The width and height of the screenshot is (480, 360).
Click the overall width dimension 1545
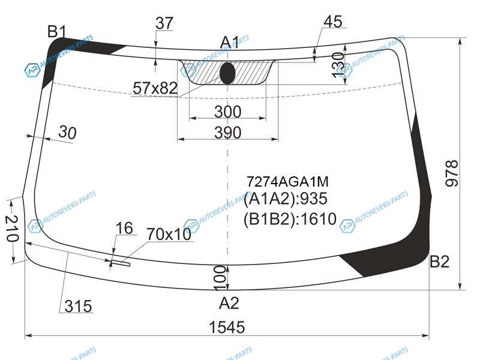[x=227, y=327]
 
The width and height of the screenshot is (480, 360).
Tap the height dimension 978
[x=452, y=173]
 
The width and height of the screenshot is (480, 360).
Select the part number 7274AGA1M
[x=287, y=182]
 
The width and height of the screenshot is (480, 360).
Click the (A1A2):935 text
[x=286, y=199]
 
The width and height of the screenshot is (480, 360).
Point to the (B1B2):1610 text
[x=290, y=219]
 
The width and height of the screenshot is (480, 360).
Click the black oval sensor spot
[x=227, y=73]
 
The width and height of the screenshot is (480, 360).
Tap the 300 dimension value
[x=228, y=112]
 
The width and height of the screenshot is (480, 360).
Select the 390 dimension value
[x=228, y=133]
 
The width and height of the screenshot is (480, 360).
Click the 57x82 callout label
[x=155, y=88]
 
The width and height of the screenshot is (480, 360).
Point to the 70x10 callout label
[x=169, y=235]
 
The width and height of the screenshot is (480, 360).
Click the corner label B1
[x=57, y=32]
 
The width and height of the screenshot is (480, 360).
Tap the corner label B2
[x=440, y=262]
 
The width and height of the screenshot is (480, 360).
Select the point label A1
[x=230, y=42]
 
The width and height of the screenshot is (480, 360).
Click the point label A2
[x=229, y=304]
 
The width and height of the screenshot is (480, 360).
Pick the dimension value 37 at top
[x=164, y=23]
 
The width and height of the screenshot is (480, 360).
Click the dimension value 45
[x=333, y=22]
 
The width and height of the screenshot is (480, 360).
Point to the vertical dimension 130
[x=338, y=65]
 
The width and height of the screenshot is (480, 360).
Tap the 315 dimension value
[x=79, y=306]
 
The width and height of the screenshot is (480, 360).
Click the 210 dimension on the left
[x=12, y=229]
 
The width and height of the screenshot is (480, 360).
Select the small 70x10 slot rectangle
[x=120, y=263]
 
